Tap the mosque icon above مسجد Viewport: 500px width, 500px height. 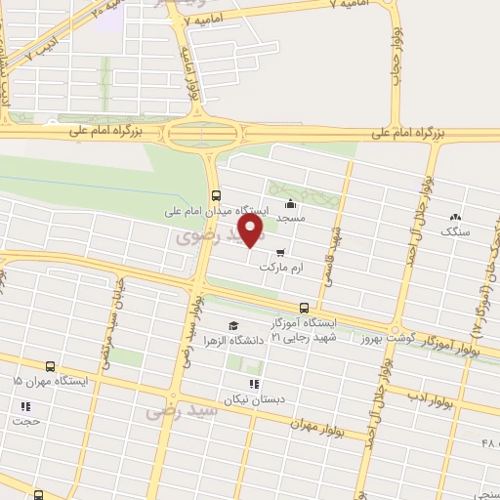tap(290, 204)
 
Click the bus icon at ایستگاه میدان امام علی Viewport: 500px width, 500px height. tap(216, 193)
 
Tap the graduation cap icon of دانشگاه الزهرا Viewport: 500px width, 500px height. tap(232, 325)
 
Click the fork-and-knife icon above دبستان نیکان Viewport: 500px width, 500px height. tap(254, 384)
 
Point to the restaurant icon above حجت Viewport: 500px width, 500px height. tap(24, 405)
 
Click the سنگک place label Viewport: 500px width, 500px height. tap(455, 231)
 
